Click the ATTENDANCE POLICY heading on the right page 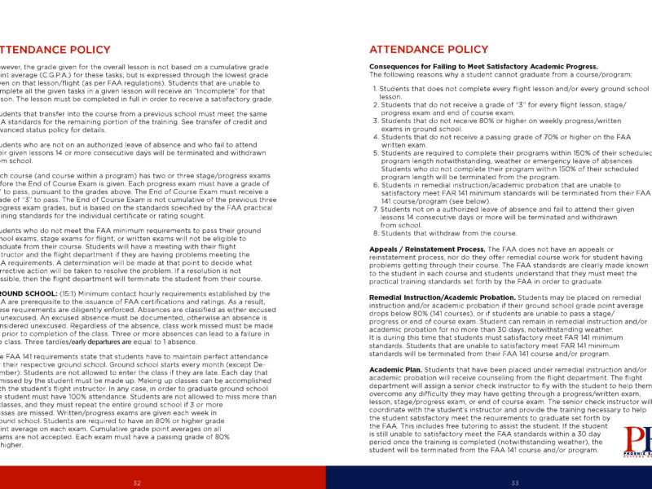[429, 50]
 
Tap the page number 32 [137, 482]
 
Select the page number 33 [515, 482]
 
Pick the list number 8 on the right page [375, 232]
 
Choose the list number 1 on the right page [375, 88]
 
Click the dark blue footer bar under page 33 [489, 478]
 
